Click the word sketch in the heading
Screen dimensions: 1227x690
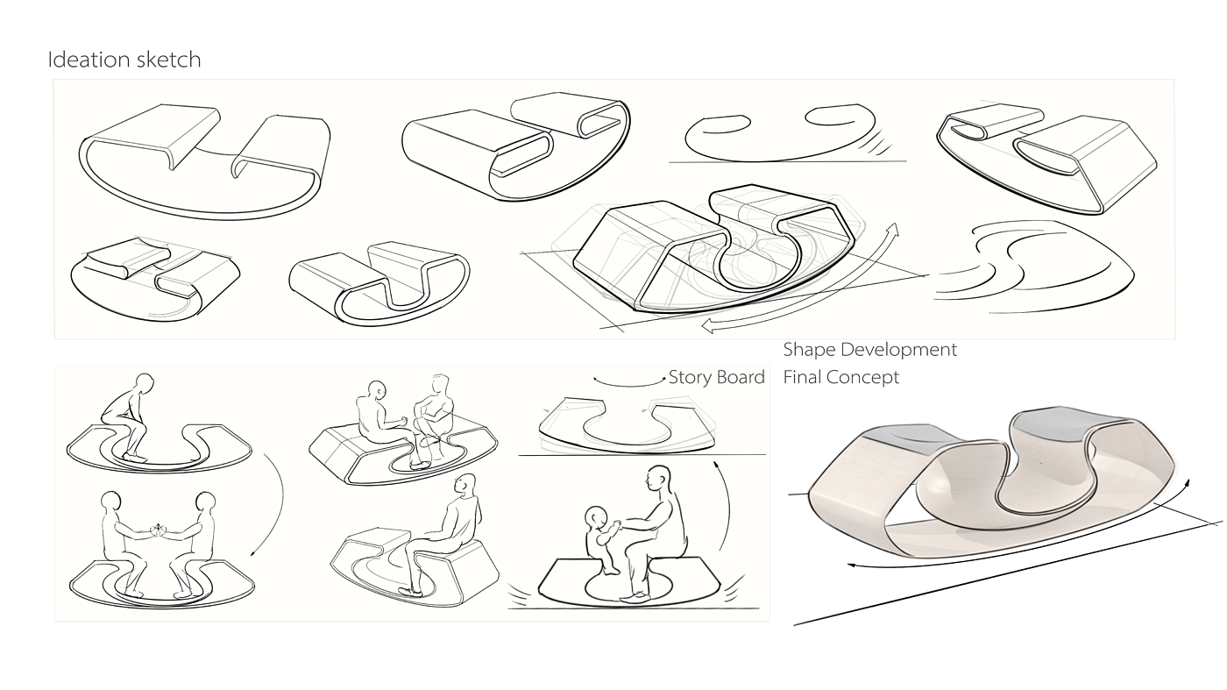tap(168, 60)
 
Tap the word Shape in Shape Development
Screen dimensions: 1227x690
tap(808, 350)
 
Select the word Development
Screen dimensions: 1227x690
tap(899, 350)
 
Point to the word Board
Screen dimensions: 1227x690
tap(741, 377)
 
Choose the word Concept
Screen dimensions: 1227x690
tap(862, 378)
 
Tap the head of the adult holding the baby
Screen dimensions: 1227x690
tap(658, 479)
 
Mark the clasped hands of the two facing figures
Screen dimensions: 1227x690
tap(159, 530)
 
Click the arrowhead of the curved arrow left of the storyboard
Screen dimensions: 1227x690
tap(252, 553)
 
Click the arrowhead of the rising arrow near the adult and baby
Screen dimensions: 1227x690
tap(715, 465)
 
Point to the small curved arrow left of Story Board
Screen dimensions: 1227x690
tap(629, 381)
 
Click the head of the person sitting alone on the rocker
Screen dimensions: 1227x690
tap(465, 484)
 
